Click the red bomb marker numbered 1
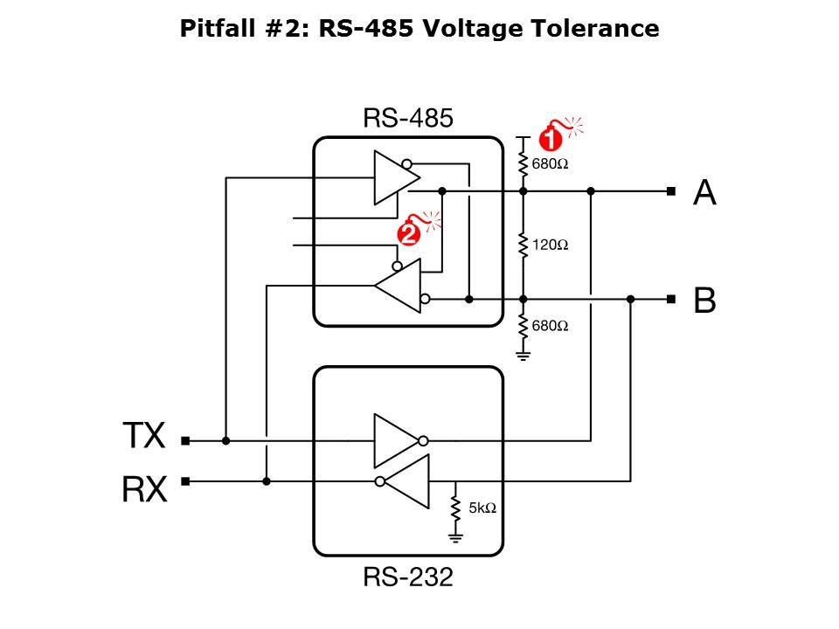click(551, 138)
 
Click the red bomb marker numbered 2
click(407, 233)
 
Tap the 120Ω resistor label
click(551, 245)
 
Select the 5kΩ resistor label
click(482, 508)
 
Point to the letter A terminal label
click(704, 192)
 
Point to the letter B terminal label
click(704, 301)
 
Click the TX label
click(142, 435)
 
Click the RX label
click(142, 490)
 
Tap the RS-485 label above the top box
click(408, 119)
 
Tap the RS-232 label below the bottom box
click(408, 577)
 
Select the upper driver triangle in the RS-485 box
click(393, 177)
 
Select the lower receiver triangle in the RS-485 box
click(401, 286)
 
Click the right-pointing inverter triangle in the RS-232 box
click(398, 440)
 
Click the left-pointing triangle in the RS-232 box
click(408, 481)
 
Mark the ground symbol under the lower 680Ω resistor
click(524, 355)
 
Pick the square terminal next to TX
click(185, 441)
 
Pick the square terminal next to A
click(670, 190)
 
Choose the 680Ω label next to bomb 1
click(551, 164)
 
